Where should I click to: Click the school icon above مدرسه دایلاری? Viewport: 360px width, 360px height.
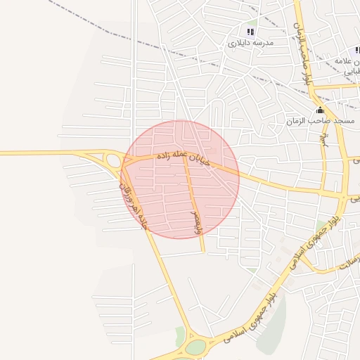250,32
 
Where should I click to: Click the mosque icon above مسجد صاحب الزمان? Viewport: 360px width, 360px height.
321,110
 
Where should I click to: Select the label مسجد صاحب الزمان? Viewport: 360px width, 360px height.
319,122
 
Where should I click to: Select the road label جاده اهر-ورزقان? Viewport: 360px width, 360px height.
133,205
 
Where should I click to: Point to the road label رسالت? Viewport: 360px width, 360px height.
347,263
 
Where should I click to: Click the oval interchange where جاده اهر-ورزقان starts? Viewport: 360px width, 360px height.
112,161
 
